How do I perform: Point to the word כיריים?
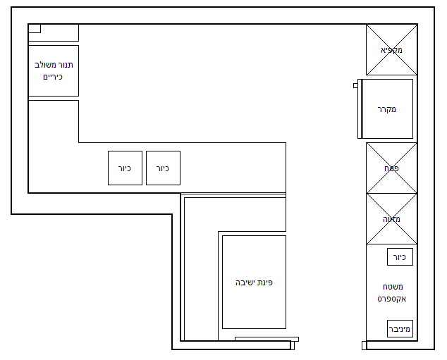pos(53,76)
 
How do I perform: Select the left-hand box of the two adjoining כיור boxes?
pos(125,168)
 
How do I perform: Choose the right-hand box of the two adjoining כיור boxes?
pos(163,168)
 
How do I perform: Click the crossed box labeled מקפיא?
pos(391,50)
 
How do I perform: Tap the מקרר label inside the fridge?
pos(387,109)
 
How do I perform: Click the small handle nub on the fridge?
pos(355,85)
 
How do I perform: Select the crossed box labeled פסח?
pos(391,168)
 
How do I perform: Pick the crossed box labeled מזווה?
pos(391,219)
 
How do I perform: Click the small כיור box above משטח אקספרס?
pos(400,257)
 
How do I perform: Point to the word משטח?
pos(391,287)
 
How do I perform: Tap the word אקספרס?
pos(391,299)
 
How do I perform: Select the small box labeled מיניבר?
pos(400,328)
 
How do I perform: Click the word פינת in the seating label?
pos(265,282)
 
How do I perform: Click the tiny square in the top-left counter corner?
pos(34,28)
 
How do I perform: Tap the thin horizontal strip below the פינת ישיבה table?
pos(266,339)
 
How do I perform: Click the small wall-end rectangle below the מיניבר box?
pos(364,345)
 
